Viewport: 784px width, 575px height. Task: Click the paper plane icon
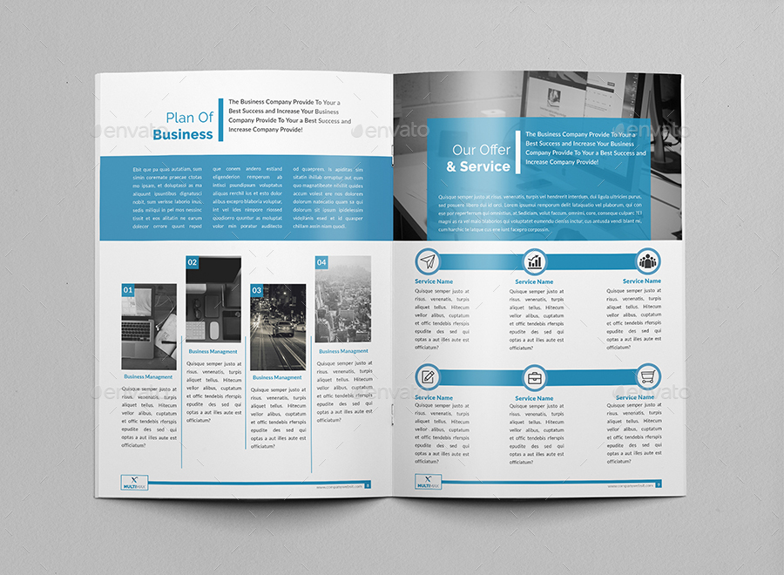427,260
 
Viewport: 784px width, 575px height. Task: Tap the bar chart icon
534,260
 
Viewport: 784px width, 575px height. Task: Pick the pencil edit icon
427,377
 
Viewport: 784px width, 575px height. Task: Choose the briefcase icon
534,378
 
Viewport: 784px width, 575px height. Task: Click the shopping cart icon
647,377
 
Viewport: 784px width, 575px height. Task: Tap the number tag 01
128,290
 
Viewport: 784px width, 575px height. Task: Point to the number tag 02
193,262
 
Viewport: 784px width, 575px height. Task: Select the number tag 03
257,290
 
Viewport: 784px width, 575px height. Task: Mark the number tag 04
321,262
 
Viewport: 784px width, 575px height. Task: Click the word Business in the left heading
183,134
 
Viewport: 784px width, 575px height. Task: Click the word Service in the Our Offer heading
485,166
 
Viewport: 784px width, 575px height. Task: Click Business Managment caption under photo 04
343,351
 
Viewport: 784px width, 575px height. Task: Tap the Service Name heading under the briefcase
534,398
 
